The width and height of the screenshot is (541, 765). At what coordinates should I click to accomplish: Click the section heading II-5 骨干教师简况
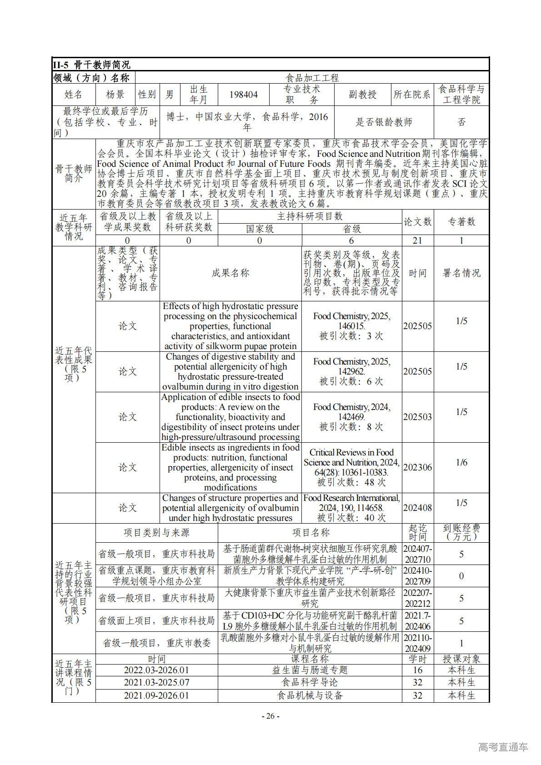(91, 65)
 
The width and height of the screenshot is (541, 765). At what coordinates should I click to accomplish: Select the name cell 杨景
(115, 95)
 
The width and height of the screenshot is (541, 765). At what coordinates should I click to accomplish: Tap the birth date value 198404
(243, 95)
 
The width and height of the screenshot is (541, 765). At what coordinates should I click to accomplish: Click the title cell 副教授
(362, 95)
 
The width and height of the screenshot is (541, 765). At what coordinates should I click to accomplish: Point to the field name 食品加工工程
(312, 78)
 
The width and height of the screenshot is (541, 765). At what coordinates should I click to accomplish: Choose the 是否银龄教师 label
(384, 122)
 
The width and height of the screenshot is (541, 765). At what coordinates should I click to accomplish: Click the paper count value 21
(417, 240)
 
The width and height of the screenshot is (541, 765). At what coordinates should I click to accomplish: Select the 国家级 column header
(260, 229)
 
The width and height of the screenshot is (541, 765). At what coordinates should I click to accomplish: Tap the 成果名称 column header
(230, 273)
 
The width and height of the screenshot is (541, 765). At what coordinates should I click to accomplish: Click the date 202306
(417, 467)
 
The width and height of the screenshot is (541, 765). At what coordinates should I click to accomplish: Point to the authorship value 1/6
(461, 462)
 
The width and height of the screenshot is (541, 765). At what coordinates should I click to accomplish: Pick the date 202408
(417, 508)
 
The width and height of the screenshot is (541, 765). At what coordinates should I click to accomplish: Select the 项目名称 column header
(310, 533)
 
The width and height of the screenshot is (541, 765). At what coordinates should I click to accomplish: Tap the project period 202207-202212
(417, 598)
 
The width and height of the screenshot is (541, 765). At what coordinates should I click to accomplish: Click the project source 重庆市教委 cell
(156, 643)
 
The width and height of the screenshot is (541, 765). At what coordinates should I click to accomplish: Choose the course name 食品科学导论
(310, 682)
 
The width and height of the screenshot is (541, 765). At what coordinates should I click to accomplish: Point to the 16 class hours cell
(417, 670)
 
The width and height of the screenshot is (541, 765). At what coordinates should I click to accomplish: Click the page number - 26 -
(270, 716)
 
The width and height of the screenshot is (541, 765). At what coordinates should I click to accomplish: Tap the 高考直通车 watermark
(503, 747)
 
